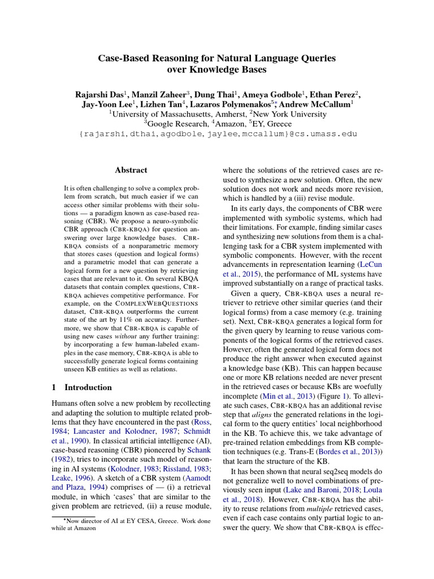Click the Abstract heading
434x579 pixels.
coord(131,170)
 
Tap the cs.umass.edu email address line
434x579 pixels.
coord(217,135)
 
